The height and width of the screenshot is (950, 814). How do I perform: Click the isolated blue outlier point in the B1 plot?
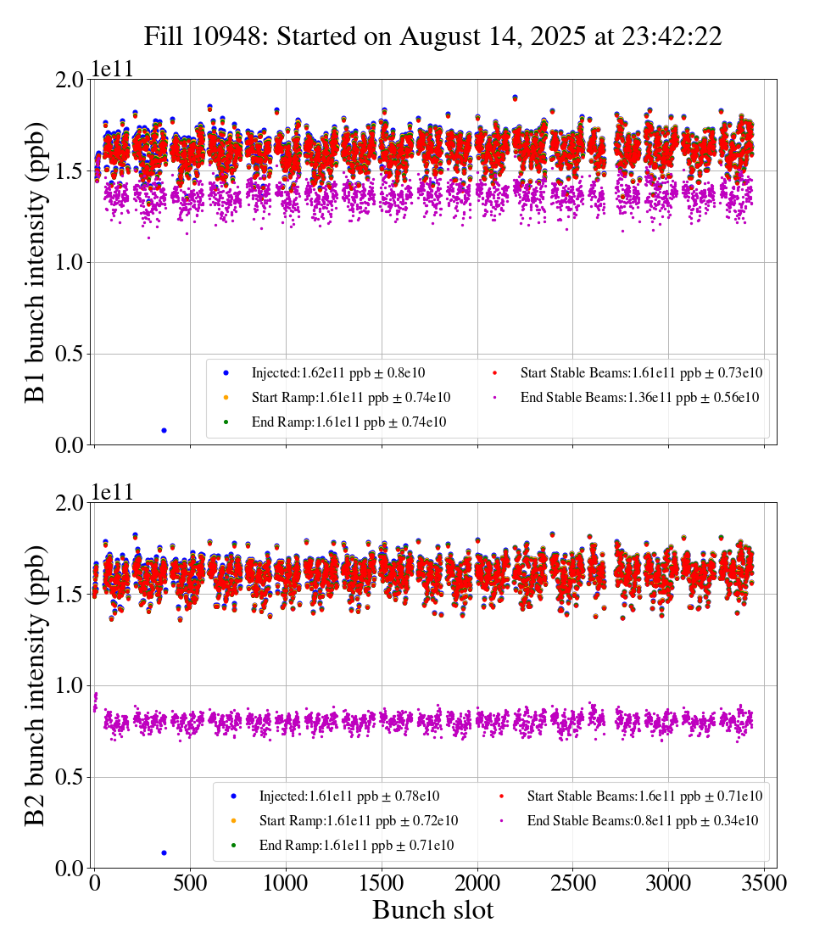coord(164,431)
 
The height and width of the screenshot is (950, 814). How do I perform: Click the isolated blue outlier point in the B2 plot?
coord(164,852)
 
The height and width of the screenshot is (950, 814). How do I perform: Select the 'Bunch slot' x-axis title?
coord(432,911)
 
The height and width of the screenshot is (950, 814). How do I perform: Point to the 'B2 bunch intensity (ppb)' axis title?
coord(36,685)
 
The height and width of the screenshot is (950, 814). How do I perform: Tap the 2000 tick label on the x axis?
coord(477,883)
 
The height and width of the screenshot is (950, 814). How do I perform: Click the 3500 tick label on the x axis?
coord(764,883)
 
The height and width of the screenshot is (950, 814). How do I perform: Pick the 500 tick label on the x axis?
coord(190,883)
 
